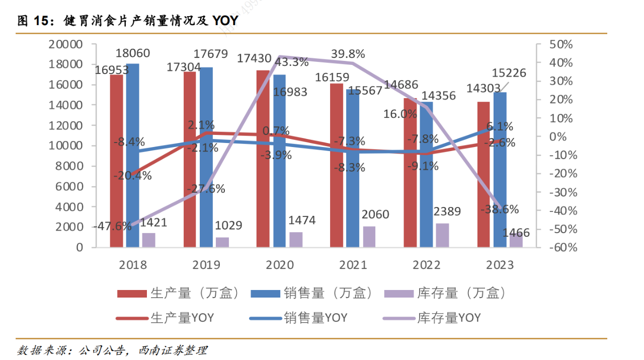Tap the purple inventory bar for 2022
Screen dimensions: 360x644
(442, 235)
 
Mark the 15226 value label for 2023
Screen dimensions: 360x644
(509, 74)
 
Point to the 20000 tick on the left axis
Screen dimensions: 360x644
(65, 44)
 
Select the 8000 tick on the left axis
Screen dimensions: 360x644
(69, 166)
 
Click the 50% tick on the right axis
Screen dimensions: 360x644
(559, 44)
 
